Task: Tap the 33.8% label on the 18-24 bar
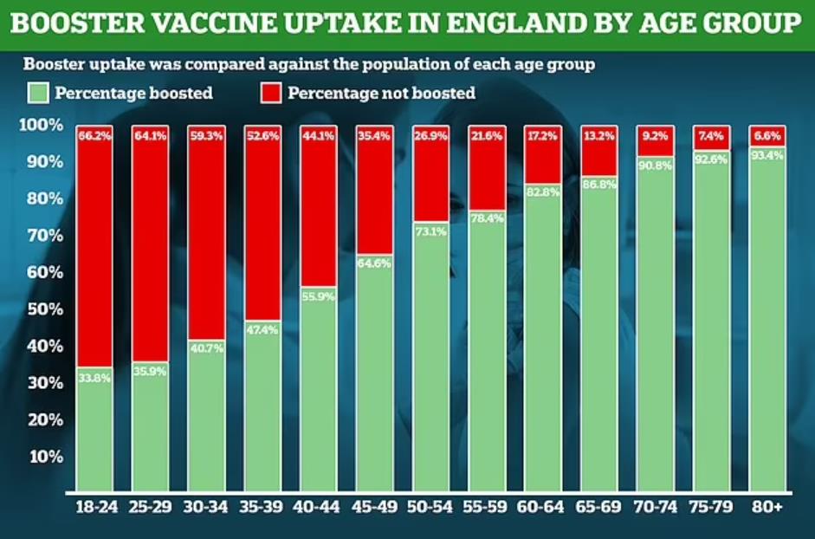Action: (94, 377)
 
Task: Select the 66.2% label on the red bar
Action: (94, 135)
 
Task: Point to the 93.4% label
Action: (767, 156)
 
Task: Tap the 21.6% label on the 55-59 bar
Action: (486, 135)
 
